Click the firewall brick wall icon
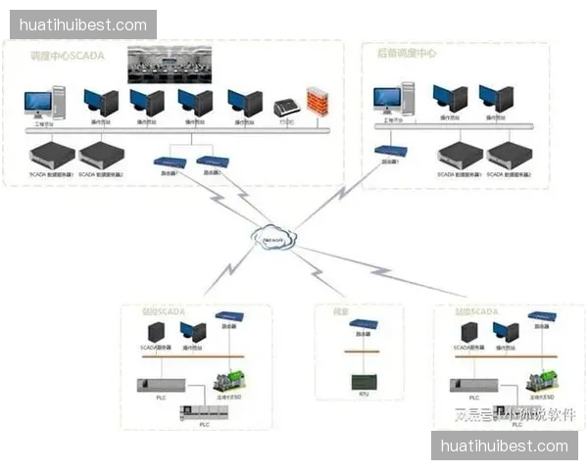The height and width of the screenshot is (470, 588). coord(316,102)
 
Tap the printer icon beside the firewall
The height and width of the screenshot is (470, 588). coord(286,106)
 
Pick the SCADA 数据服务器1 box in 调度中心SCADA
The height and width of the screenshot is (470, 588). coord(51,154)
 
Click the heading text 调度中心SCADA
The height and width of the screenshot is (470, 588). coord(68,56)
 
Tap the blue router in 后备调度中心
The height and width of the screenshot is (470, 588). coord(390,151)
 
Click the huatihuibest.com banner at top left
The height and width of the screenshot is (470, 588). coord(82,23)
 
